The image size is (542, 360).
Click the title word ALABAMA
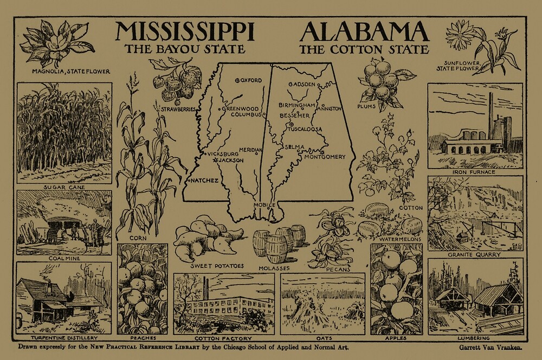pyautogui.click(x=364, y=33)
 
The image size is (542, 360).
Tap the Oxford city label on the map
pyautogui.click(x=250, y=81)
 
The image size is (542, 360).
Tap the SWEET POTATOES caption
pyautogui.click(x=217, y=266)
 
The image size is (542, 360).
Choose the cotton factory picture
pyautogui.click(x=223, y=304)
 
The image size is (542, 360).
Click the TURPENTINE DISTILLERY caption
pyautogui.click(x=63, y=338)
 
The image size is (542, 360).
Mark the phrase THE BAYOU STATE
pyautogui.click(x=185, y=49)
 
